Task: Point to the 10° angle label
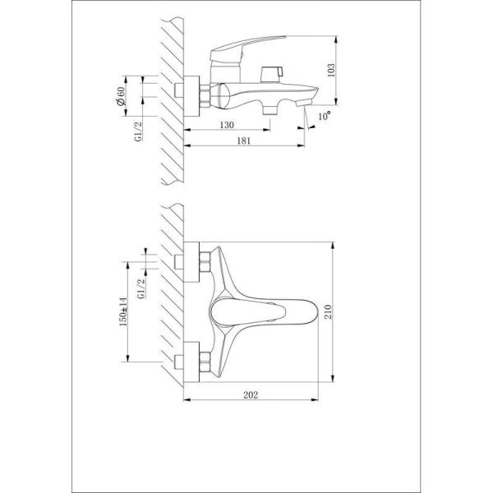pos(326,117)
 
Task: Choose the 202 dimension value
pos(251,395)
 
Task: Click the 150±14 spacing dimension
pos(121,312)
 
